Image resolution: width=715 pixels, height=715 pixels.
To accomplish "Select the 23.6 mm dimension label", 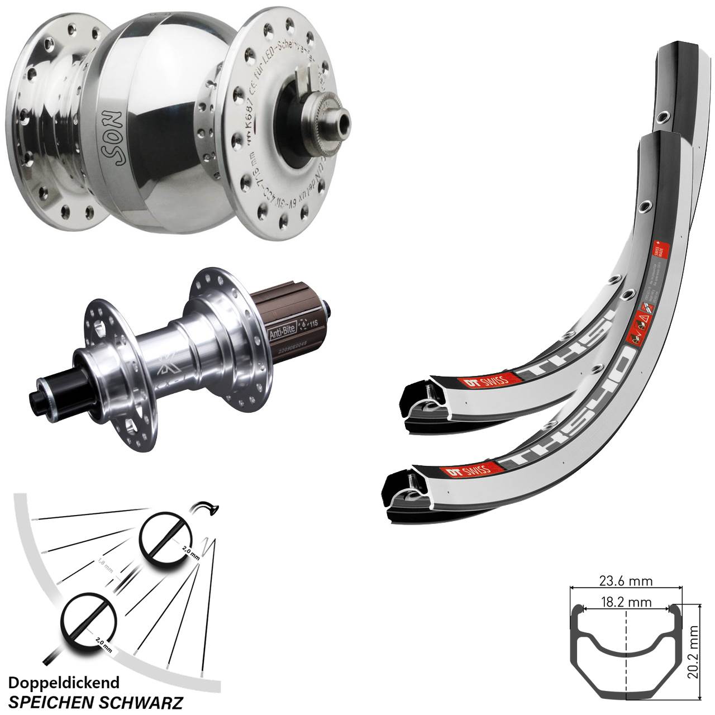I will [626, 581].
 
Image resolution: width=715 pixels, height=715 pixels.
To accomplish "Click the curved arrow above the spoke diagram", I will [204, 508].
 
